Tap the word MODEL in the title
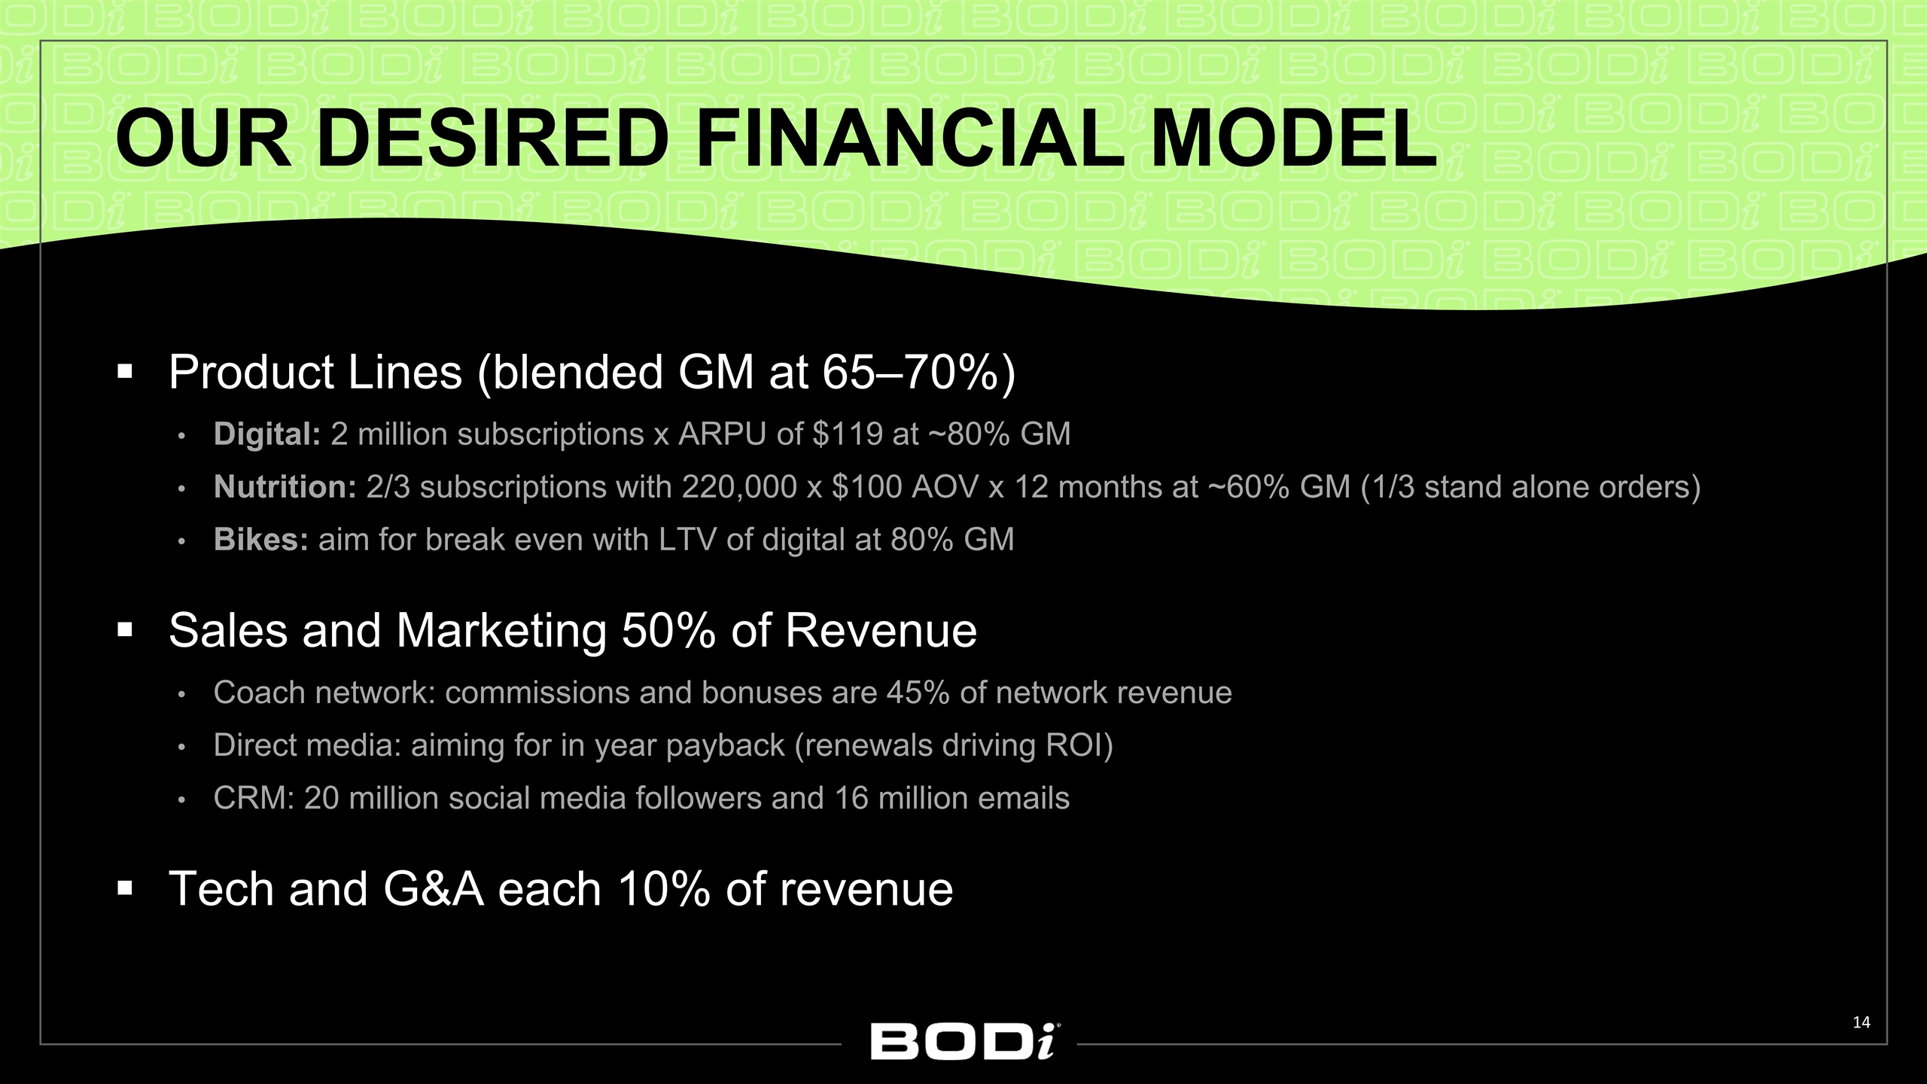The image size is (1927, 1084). coord(1293,139)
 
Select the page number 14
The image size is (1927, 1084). coord(1861,1022)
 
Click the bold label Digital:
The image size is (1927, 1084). coord(267,434)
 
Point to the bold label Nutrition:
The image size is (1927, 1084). coord(285,487)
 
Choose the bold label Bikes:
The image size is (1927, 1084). coord(260,540)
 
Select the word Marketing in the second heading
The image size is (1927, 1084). coord(501,630)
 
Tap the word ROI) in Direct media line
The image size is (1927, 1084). coord(1079,745)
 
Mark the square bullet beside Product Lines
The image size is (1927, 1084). coord(125,372)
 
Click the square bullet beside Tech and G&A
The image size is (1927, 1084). coord(125,889)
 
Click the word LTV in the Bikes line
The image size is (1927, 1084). coord(687,540)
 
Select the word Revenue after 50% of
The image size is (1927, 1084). coord(881,630)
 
